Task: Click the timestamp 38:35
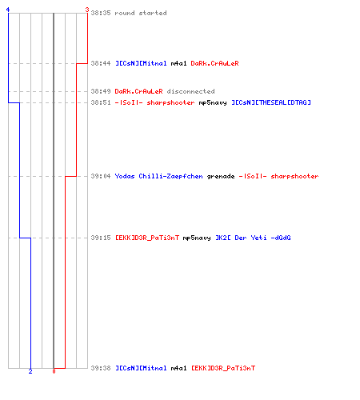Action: tap(101, 13)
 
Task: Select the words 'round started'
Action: tap(141, 13)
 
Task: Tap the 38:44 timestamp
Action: tap(101, 63)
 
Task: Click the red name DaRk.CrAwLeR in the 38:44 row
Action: tap(214, 63)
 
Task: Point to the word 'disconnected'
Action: tap(190, 91)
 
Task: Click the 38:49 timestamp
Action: tap(101, 91)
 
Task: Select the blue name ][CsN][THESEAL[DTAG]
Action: tap(271, 102)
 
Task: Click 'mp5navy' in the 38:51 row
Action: tap(213, 102)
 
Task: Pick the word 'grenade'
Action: tap(221, 176)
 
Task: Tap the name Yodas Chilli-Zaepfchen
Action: tap(158, 176)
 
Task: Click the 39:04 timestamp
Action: tap(101, 176)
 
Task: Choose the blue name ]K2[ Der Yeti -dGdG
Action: tap(253, 238)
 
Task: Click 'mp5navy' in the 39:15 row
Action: tap(197, 238)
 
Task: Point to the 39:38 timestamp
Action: tap(101, 368)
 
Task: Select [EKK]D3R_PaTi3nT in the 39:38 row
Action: tap(223, 368)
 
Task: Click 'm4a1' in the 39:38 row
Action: tap(178, 368)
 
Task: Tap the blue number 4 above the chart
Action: tap(8, 10)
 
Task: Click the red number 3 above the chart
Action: tap(86, 10)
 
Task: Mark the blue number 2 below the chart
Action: tap(30, 371)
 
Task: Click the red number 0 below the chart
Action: tap(54, 371)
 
